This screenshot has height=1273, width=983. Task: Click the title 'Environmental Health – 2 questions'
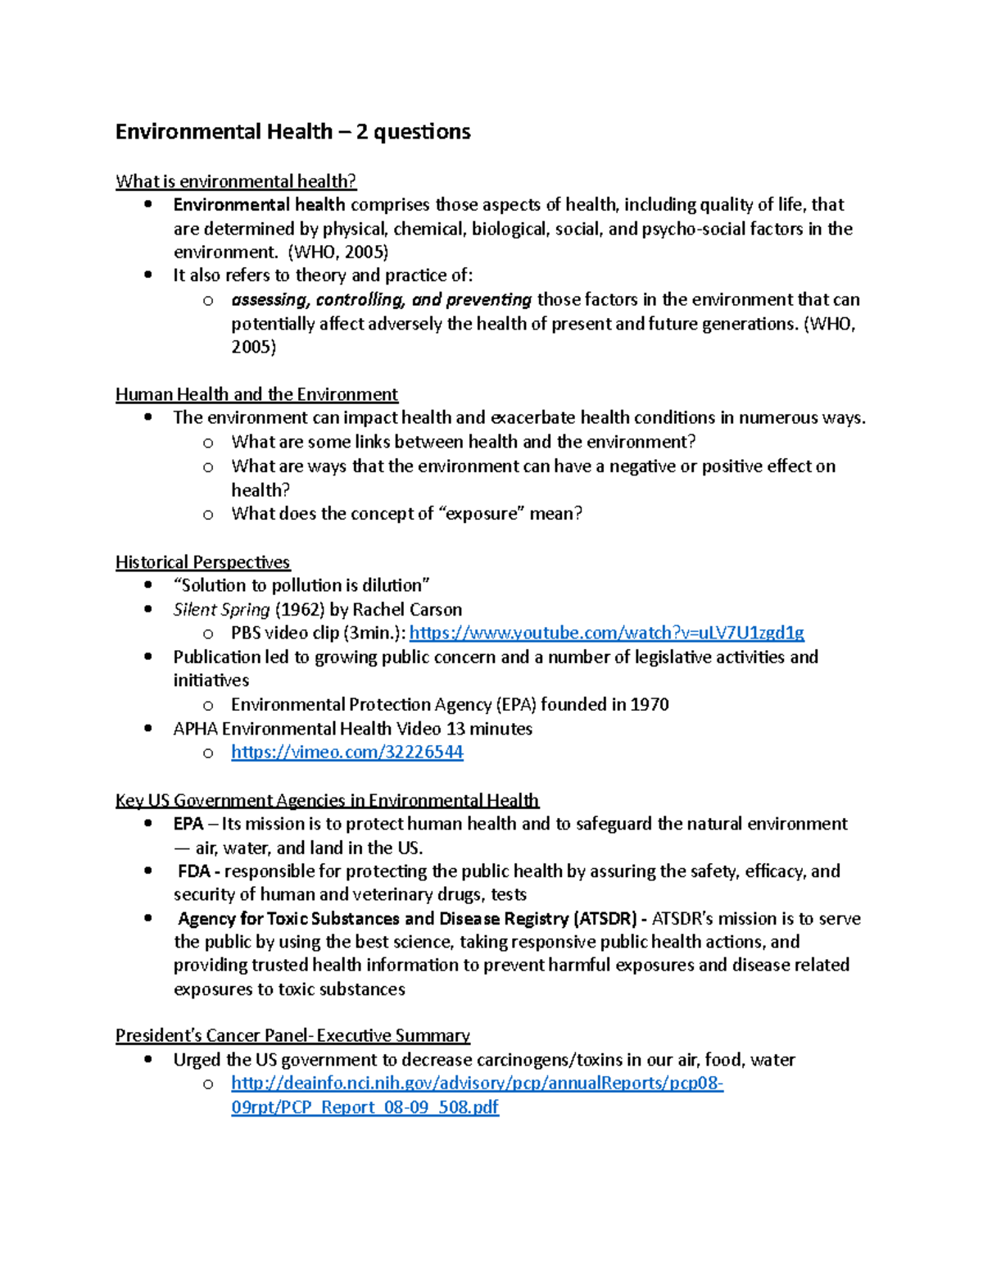292,132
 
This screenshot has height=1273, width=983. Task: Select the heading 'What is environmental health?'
236,181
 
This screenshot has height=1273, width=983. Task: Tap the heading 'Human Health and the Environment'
256,394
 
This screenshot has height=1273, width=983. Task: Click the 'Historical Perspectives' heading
202,562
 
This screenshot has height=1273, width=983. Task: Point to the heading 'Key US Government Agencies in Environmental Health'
327,800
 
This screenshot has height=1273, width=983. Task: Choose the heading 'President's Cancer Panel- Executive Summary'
292,1035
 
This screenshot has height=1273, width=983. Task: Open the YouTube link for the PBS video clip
606,633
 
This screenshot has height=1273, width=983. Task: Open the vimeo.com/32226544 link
347,752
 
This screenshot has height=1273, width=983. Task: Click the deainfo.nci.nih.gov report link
477,1084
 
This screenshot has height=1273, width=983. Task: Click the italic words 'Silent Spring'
221,610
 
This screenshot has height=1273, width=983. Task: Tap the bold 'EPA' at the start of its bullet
188,824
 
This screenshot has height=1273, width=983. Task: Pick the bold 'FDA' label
194,871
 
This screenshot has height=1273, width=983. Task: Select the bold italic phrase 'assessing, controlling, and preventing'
381,300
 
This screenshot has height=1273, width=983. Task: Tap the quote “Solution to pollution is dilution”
301,585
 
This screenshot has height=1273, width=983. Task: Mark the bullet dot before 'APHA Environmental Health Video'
148,728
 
